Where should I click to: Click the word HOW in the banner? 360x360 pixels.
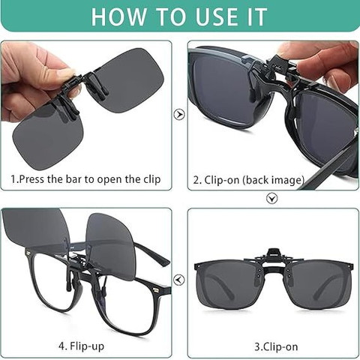pyautogui.click(x=118, y=16)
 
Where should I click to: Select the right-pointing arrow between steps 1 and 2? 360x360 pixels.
pyautogui.click(x=179, y=115)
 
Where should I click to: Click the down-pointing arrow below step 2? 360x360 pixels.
pyautogui.click(x=271, y=199)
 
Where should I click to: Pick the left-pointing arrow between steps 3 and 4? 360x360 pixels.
pyautogui.click(x=179, y=279)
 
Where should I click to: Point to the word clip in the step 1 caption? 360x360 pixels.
pyautogui.click(x=152, y=179)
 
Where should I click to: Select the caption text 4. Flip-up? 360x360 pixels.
pyautogui.click(x=82, y=346)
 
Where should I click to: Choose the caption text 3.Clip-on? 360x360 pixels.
pyautogui.click(x=276, y=346)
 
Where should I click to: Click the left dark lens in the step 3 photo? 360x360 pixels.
pyautogui.click(x=227, y=284)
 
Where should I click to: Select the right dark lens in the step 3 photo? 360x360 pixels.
pyautogui.click(x=321, y=284)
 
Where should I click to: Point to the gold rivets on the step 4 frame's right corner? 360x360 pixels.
pyautogui.click(x=157, y=290)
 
